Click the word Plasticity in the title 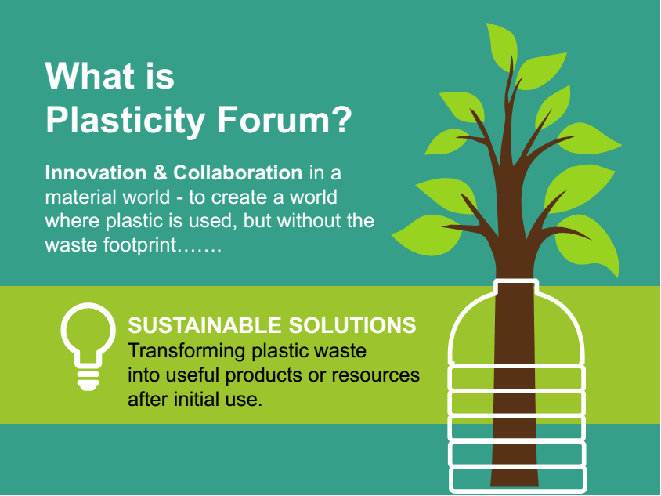pyautogui.click(x=125, y=121)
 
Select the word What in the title pyautogui.click(x=90, y=76)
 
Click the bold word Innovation pyautogui.click(x=95, y=172)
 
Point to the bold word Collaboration pyautogui.click(x=238, y=172)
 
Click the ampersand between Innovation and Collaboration pyautogui.click(x=159, y=173)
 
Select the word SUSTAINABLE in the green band pyautogui.click(x=204, y=326)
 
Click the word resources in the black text pyautogui.click(x=376, y=375)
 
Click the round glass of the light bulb pyautogui.click(x=88, y=330)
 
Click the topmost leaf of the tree pyautogui.click(x=503, y=45)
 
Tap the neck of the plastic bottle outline pyautogui.click(x=516, y=286)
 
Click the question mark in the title pyautogui.click(x=342, y=119)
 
